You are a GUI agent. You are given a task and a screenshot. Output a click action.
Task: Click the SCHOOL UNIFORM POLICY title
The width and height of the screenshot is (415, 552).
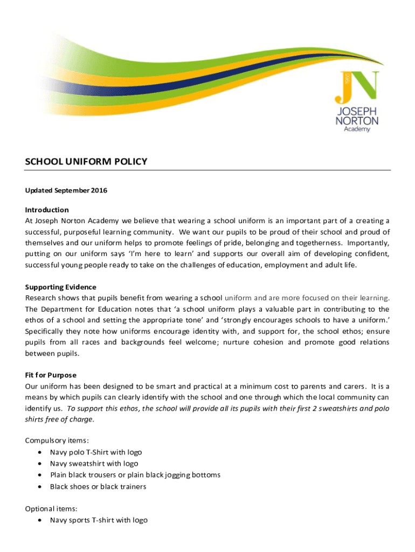tap(86, 162)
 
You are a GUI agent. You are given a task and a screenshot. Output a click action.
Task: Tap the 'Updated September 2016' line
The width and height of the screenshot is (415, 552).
tap(66, 191)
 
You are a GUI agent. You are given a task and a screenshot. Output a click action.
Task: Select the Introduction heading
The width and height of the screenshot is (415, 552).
tap(47, 210)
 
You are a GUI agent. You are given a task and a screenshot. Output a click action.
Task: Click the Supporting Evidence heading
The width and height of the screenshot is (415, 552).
tap(61, 287)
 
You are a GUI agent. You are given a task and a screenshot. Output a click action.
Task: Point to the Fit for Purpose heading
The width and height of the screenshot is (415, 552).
tap(51, 375)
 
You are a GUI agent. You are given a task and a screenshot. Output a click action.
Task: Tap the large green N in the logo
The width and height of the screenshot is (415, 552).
tap(366, 86)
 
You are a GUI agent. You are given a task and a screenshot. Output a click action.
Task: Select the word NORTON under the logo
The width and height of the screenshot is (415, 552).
tap(357, 121)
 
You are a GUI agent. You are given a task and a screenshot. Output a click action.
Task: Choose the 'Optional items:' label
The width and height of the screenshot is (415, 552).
tap(51, 508)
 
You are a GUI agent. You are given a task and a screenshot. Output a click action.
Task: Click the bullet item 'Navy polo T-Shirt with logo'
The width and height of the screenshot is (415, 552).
tap(96, 452)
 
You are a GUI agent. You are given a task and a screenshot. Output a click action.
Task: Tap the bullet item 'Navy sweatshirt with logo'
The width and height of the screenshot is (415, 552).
tap(94, 464)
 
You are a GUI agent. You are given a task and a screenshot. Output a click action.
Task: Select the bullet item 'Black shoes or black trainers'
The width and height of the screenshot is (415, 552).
tap(98, 487)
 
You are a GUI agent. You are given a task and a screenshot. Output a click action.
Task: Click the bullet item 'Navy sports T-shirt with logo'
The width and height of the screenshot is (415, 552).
tap(99, 520)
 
